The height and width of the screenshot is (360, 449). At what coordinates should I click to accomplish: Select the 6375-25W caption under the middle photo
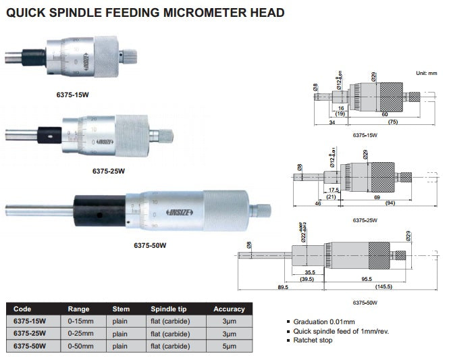[109, 171]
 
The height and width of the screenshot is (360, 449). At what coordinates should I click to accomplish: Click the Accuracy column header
[229, 309]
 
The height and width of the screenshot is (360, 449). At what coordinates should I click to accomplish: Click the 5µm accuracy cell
[230, 345]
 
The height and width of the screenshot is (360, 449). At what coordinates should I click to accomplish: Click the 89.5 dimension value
[282, 287]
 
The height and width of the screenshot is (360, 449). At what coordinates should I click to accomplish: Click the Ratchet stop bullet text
[313, 340]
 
